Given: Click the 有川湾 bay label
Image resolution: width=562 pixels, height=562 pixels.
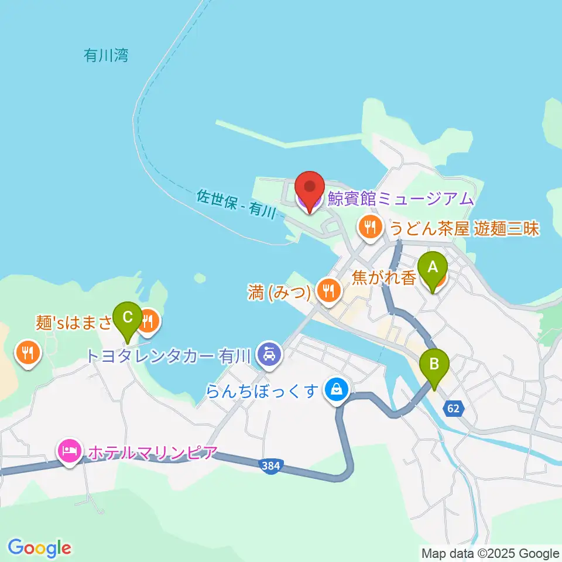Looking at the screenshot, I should point(106,56).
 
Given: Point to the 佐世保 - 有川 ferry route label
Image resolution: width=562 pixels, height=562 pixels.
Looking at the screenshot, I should point(236,204).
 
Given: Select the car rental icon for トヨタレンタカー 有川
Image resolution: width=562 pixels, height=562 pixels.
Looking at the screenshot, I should point(269,354).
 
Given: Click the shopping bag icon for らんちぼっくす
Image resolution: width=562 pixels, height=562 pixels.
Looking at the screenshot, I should point(337,388).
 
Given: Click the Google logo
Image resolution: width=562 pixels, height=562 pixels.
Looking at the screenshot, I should point(40,547).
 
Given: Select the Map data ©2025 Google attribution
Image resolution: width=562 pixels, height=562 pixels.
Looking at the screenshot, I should point(491,553).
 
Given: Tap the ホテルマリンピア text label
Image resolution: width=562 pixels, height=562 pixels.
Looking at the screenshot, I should point(152,453).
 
